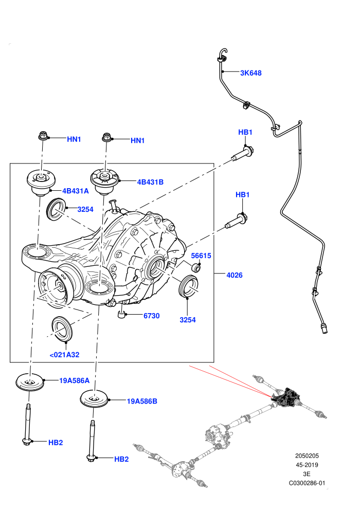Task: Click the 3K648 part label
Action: click(x=250, y=73)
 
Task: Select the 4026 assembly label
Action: click(x=235, y=275)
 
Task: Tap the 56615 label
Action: click(x=201, y=256)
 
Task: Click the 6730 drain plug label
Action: click(x=152, y=316)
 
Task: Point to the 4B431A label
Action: click(x=75, y=191)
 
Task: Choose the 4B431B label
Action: click(x=150, y=182)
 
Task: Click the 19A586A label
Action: click(x=75, y=380)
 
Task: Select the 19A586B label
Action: click(x=142, y=401)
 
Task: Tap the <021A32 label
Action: click(x=64, y=355)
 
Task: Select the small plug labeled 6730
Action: click(x=121, y=315)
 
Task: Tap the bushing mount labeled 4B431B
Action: click(x=104, y=181)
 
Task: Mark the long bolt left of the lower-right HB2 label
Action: click(x=92, y=441)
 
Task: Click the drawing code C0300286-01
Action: click(x=307, y=483)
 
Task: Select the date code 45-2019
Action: click(x=307, y=465)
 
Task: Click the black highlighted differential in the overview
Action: click(x=285, y=397)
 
